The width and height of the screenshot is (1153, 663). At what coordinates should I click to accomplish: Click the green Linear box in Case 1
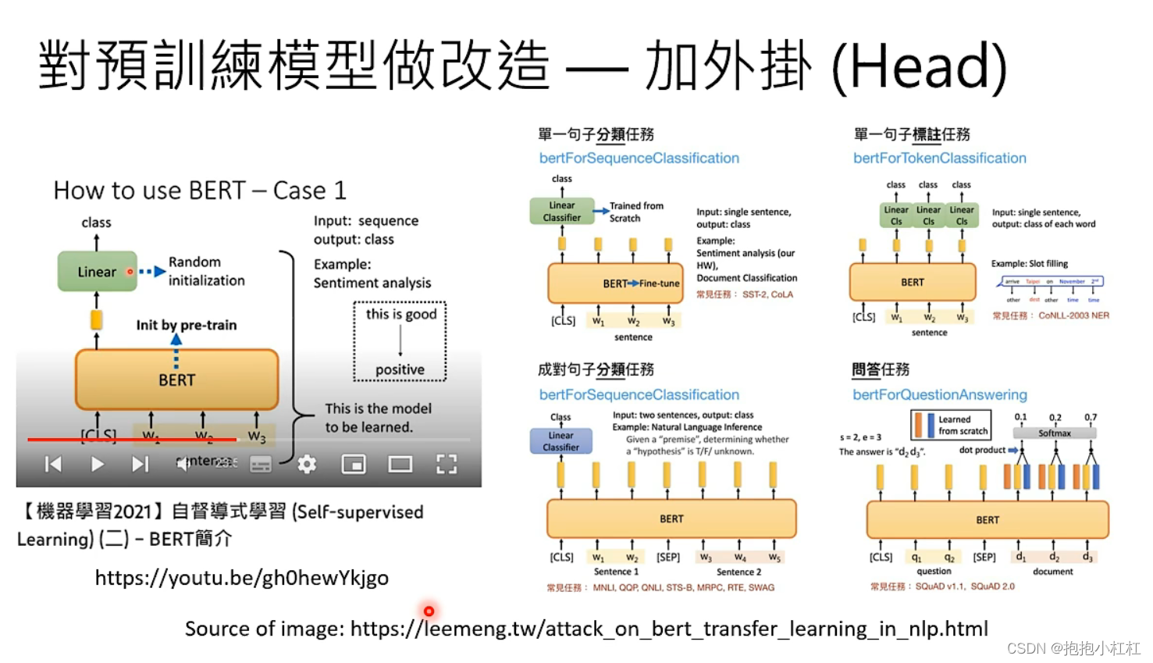click(97, 272)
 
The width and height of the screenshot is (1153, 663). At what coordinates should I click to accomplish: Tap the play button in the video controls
click(97, 465)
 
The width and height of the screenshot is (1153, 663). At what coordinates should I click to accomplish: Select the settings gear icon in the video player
click(307, 465)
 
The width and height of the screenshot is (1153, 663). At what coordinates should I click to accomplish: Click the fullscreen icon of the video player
click(447, 465)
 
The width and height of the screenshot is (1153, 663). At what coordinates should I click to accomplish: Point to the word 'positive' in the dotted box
click(400, 369)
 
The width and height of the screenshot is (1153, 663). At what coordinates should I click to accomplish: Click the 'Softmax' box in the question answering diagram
click(1054, 433)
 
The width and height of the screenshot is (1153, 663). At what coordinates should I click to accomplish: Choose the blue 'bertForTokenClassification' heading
click(939, 159)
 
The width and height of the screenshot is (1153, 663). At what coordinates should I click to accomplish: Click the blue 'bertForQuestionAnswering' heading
click(939, 395)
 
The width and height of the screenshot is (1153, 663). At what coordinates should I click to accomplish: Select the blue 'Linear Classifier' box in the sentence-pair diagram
click(560, 441)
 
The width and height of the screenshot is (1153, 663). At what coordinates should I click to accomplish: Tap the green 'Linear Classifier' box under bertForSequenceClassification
click(561, 212)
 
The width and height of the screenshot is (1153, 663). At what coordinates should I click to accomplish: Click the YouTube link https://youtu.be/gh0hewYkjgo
click(241, 578)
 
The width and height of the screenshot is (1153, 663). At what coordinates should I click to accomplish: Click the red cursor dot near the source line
click(429, 611)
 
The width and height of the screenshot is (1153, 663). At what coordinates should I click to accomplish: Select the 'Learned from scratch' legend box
click(951, 425)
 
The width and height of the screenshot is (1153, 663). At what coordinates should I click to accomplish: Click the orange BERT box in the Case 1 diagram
click(176, 380)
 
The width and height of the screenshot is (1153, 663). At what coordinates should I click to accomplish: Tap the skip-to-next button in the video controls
click(140, 465)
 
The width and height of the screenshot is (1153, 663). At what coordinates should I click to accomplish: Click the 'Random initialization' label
click(206, 271)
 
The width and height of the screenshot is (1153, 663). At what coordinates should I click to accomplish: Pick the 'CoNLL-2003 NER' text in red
click(1073, 315)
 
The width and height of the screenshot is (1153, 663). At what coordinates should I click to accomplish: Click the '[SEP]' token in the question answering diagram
click(984, 558)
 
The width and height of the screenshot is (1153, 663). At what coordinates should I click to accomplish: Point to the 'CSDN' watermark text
click(1026, 648)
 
